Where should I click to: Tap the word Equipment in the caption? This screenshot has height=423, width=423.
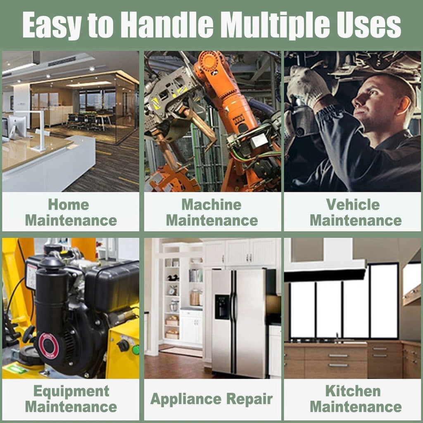click(71, 392)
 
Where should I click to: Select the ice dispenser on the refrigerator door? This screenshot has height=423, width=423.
click(222, 307)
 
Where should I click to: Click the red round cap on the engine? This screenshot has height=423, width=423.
click(48, 346)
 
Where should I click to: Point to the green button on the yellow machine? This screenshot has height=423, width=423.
click(135, 350)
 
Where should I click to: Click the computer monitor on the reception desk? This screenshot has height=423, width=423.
click(17, 127)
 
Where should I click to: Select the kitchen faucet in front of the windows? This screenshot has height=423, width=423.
click(337, 338)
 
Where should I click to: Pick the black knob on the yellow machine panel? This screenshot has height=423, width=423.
click(123, 345)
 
